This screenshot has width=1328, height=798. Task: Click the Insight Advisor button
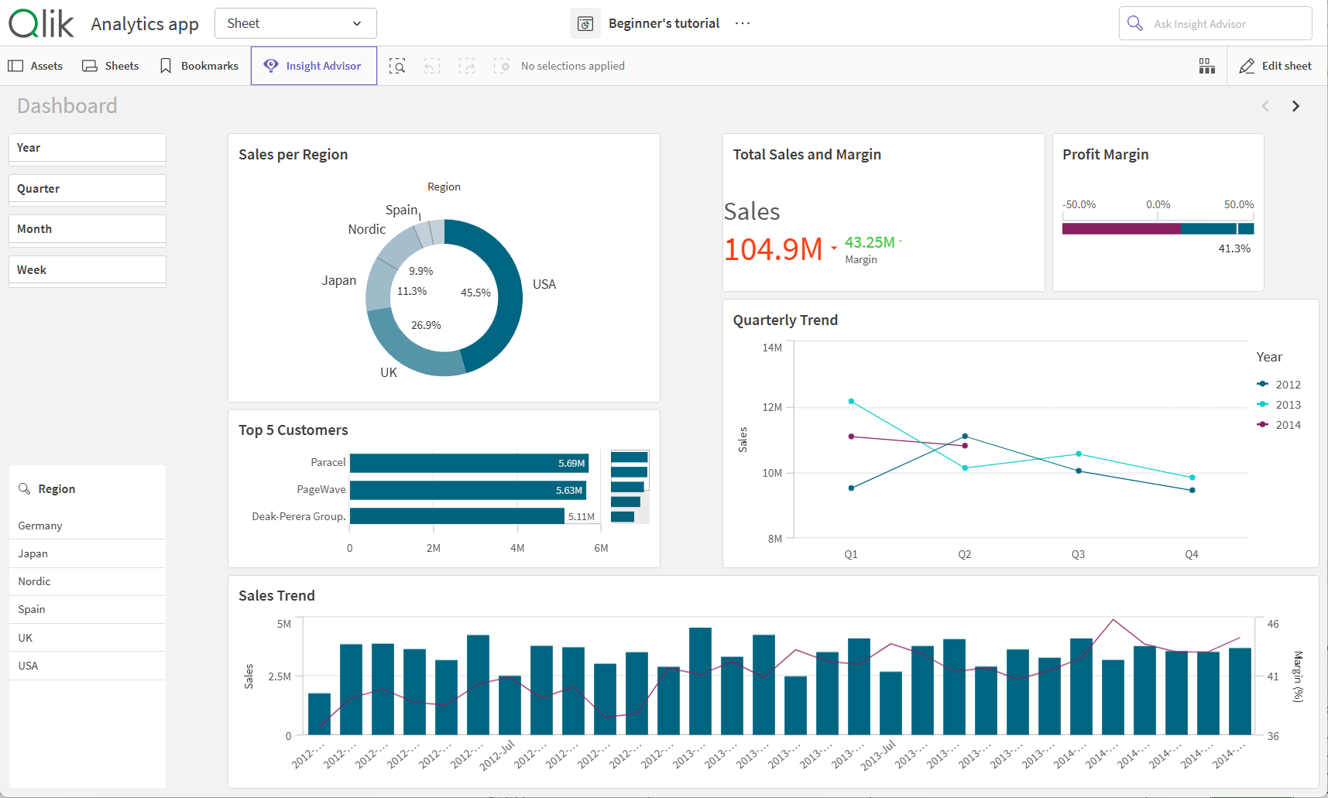(314, 66)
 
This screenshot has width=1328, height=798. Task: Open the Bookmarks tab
(199, 66)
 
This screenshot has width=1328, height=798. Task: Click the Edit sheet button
(1275, 66)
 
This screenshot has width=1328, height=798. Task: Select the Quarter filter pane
(87, 189)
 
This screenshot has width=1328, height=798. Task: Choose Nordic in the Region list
(35, 581)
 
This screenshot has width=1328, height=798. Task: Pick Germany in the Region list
(40, 526)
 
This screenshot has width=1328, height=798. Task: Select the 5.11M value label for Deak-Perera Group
(582, 516)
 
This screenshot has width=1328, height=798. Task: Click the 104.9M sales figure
(773, 249)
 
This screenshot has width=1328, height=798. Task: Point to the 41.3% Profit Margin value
(1234, 248)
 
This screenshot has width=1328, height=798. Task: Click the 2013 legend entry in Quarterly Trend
(1288, 405)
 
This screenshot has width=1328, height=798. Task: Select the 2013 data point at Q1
(851, 401)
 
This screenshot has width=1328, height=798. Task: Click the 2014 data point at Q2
(965, 446)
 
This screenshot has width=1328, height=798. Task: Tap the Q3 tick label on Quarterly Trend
(1078, 554)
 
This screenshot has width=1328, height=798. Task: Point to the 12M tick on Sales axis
(772, 407)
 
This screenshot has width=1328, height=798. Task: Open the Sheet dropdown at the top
(295, 23)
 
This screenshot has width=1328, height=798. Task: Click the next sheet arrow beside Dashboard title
(1295, 106)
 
